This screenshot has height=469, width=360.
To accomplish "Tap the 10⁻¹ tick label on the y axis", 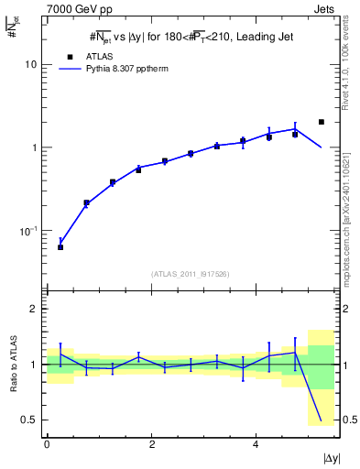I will point(31,230).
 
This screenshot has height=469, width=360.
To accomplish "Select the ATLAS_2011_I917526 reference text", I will point(190,274).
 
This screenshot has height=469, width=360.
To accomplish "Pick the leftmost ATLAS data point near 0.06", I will point(60,247).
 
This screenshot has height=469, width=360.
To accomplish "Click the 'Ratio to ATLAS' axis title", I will point(12,364).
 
